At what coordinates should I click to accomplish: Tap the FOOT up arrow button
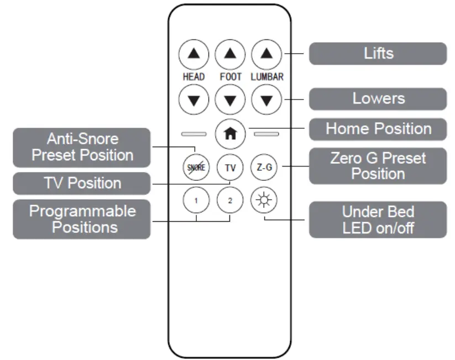230,55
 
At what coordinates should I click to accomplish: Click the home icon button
230,134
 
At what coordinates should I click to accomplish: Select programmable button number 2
230,200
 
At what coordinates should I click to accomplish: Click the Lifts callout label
378,54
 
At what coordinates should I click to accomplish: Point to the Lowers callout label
378,99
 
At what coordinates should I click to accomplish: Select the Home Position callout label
378,129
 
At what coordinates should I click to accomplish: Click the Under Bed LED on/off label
378,220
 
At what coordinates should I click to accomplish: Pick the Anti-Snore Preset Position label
82,147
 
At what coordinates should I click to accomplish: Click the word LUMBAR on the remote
267,77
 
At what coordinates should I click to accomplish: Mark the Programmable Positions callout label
82,220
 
